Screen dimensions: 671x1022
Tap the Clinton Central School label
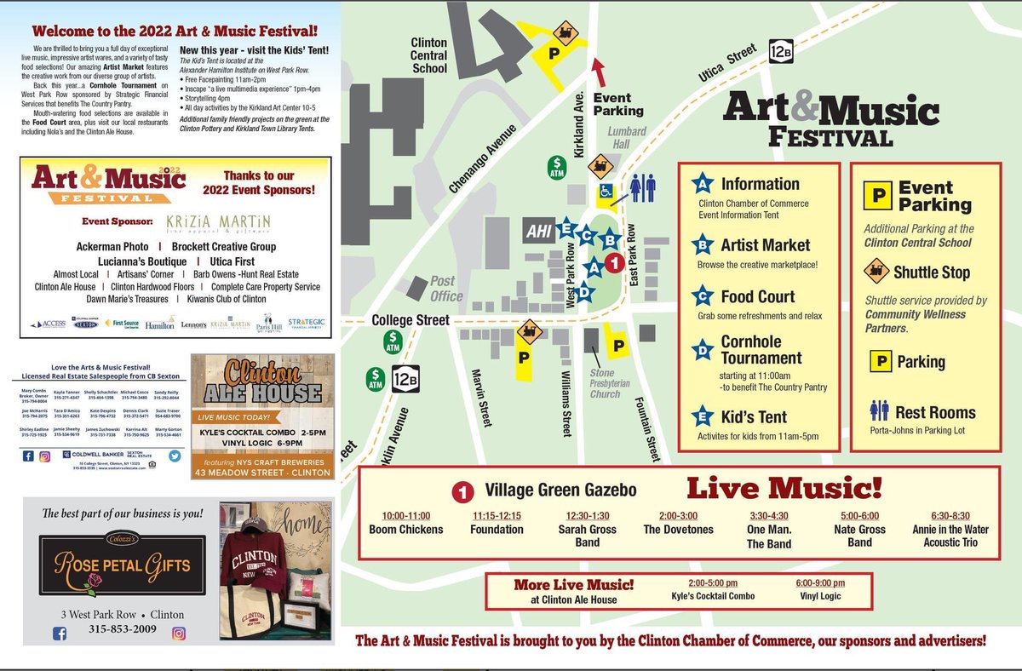(x=428, y=55)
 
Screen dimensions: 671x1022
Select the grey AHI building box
(x=538, y=232)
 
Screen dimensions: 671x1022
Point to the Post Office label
(x=446, y=289)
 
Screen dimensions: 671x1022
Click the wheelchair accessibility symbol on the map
(x=606, y=192)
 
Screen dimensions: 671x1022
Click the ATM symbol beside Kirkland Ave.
(x=557, y=166)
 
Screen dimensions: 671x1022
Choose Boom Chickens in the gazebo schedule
(x=406, y=530)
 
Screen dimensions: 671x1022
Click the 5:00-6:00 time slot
(x=859, y=515)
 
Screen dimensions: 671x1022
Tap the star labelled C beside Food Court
(x=703, y=297)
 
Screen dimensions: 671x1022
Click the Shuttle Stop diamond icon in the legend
(x=875, y=272)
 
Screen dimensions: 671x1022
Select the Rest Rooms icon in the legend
(x=879, y=412)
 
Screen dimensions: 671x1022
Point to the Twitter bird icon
(x=175, y=456)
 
